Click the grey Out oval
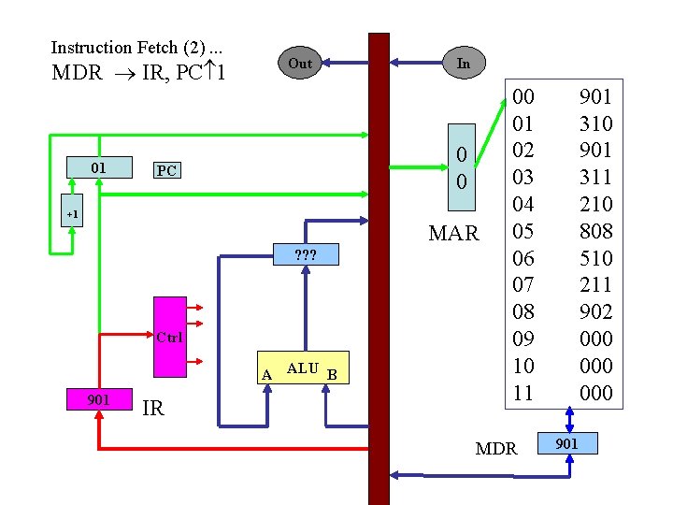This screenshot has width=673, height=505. [x=300, y=64]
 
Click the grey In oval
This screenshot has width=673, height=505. [x=463, y=63]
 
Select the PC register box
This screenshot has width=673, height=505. [x=166, y=171]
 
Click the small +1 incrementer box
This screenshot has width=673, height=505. [x=72, y=214]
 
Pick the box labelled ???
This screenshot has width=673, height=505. [x=304, y=254]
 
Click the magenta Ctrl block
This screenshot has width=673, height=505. [x=169, y=337]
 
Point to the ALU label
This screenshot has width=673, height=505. [x=302, y=368]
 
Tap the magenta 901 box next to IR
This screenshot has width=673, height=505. [x=97, y=399]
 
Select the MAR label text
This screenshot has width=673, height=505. [x=453, y=233]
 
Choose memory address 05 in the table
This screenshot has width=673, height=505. [x=524, y=230]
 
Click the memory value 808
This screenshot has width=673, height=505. [x=595, y=230]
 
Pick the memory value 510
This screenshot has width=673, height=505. [x=595, y=257]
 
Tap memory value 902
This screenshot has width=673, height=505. [x=595, y=311]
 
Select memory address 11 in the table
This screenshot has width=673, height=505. [x=524, y=393]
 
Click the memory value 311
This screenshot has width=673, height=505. [x=595, y=177]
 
